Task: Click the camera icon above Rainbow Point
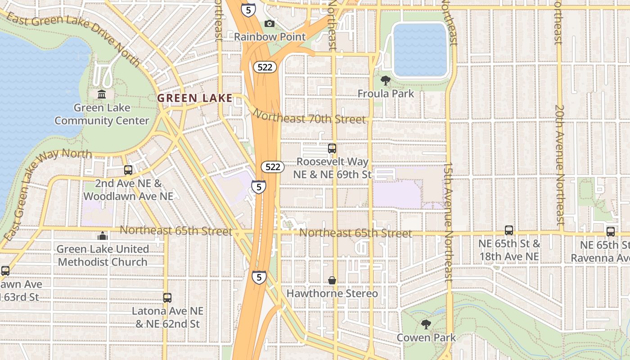(x=269, y=23)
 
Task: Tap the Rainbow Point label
(x=270, y=37)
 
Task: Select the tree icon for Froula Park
(x=386, y=81)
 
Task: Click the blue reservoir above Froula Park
(x=420, y=49)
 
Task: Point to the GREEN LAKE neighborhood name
(x=194, y=98)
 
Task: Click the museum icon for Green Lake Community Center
(x=102, y=94)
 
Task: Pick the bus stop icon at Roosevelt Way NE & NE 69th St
(x=332, y=148)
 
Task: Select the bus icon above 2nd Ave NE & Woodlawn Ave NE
(x=128, y=170)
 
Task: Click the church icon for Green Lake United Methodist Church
(x=103, y=236)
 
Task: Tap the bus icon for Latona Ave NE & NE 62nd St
(x=167, y=297)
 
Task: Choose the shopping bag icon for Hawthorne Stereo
(x=332, y=280)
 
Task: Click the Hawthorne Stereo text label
(x=333, y=293)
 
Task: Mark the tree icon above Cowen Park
(x=426, y=324)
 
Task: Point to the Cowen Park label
(x=426, y=337)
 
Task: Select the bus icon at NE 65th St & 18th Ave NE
(x=509, y=230)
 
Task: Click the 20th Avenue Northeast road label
(x=559, y=165)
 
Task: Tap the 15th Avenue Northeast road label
(x=449, y=222)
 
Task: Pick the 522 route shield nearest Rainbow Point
(x=265, y=67)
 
